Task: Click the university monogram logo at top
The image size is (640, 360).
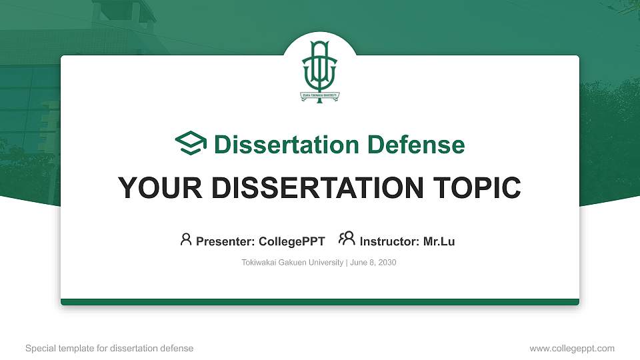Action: click(x=320, y=67)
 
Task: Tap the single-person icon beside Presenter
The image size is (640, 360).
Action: click(x=186, y=239)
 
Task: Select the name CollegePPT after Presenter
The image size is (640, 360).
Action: click(x=291, y=241)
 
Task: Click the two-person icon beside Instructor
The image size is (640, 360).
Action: click(x=347, y=239)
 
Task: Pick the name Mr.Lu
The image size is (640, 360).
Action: click(x=439, y=241)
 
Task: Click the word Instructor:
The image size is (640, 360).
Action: click(x=390, y=241)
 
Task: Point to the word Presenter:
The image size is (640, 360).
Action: click(x=225, y=241)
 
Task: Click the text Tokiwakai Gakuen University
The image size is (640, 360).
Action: click(x=292, y=263)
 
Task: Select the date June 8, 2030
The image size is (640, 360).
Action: click(x=373, y=263)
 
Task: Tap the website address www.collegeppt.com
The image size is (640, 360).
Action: click(x=571, y=348)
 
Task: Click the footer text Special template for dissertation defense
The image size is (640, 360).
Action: click(x=109, y=348)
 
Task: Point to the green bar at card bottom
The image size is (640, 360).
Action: click(x=320, y=302)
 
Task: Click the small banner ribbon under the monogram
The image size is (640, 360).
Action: click(x=320, y=95)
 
